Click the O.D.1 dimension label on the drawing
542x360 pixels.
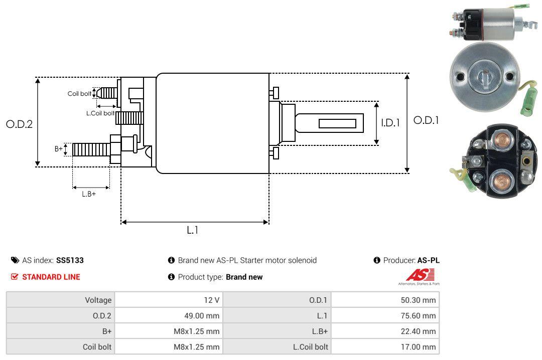tap(426, 120)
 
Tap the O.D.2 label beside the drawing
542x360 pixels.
tap(19, 124)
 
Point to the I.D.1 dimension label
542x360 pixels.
tap(390, 122)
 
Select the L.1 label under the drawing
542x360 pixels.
tap(193, 230)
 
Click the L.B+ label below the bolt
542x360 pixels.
tap(89, 194)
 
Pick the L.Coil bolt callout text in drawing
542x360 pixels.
tap(100, 113)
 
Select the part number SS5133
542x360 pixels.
tap(70, 260)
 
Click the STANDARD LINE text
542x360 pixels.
tap(51, 277)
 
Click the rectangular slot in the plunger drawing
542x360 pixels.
tap(337, 123)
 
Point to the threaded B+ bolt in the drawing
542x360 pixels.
tap(91, 149)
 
